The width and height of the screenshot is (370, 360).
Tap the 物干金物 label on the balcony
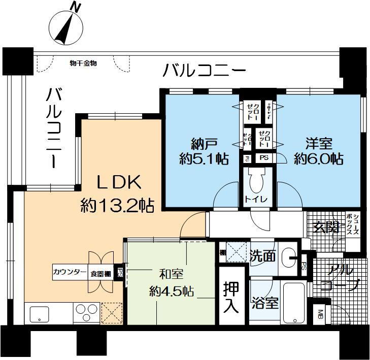[83, 63]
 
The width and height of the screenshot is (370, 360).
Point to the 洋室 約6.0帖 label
[319, 151]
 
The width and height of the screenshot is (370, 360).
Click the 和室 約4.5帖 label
[171, 283]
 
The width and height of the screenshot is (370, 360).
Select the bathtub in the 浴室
[293, 303]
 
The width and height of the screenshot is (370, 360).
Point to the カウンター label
[70, 273]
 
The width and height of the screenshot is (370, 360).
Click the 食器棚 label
[100, 273]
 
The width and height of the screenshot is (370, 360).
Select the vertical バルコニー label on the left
[54, 127]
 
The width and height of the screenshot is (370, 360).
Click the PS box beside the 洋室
[264, 158]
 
